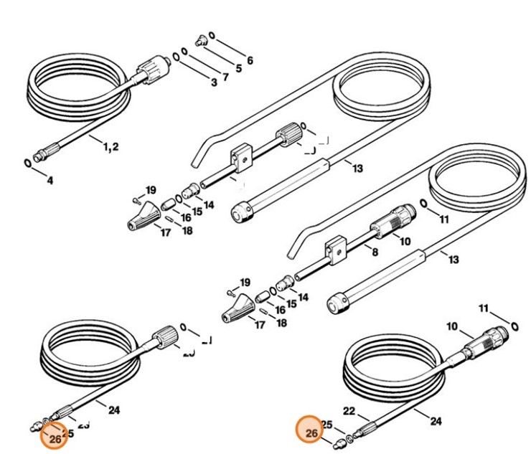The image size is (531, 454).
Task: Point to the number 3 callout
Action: pos(213,82)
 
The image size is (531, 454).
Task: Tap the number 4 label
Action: pos(50,181)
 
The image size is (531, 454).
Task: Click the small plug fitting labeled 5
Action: pos(202,39)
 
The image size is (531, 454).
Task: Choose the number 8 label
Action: pos(374,252)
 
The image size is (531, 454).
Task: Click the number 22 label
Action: pos(349,412)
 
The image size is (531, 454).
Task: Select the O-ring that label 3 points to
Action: pos(176,57)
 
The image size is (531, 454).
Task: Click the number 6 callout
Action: pos(250,61)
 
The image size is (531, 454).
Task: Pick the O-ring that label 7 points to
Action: pos(185,52)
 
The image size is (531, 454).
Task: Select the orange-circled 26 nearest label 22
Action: pos(311,432)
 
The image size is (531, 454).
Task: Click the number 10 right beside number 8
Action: pos(405,242)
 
